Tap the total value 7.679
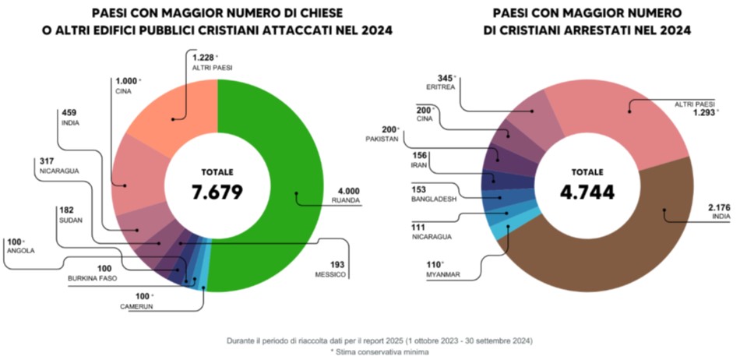coord(217,192)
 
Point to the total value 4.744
coord(587,192)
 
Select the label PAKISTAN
coord(382,139)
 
